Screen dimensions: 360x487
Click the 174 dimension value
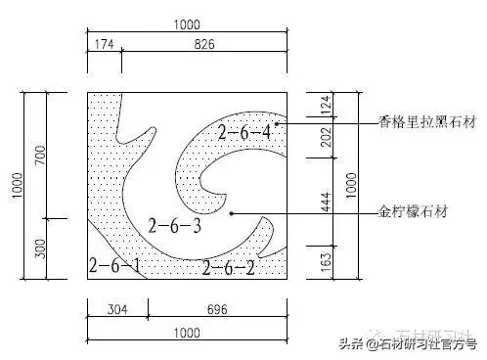[x=103, y=45]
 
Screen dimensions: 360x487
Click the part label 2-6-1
[x=114, y=265]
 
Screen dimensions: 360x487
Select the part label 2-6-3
[x=174, y=227]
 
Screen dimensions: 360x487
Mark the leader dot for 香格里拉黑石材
[x=277, y=124]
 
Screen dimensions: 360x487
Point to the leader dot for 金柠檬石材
[x=231, y=211]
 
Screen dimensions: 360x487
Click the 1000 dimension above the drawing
[x=187, y=25]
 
